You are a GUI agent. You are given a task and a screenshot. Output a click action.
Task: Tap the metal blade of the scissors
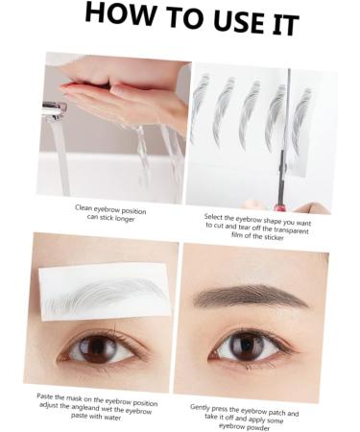point(287,125)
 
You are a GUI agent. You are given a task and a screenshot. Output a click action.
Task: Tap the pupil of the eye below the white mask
point(97,349)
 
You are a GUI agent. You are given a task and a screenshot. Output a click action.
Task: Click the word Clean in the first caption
point(84,206)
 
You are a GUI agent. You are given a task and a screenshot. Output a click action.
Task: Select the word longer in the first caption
point(124,217)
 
